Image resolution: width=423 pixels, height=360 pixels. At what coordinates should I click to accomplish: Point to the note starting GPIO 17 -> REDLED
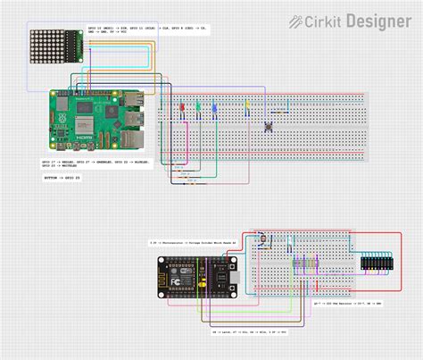pyautogui.click(x=95, y=163)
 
